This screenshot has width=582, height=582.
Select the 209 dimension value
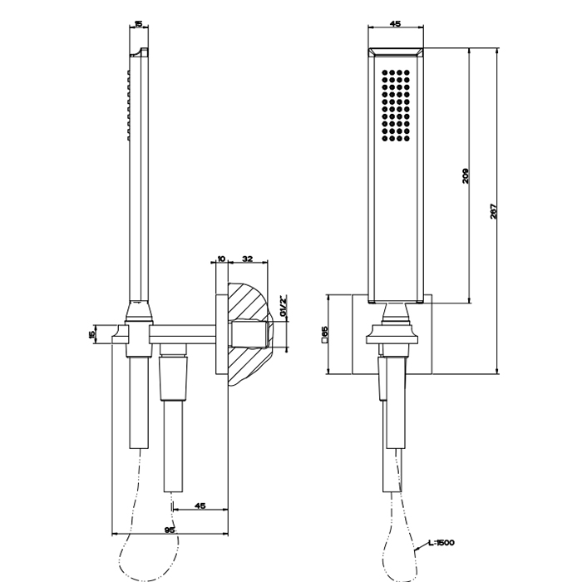click(466, 176)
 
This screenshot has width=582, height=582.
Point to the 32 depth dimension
click(247, 259)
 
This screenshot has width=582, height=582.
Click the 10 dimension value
click(221, 259)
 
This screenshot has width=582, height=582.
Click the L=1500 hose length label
click(440, 543)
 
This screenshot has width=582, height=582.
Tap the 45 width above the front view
click(395, 24)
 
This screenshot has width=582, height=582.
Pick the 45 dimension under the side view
click(200, 505)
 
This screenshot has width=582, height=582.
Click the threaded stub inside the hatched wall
click(249, 333)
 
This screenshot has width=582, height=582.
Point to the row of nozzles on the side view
click(128, 103)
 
